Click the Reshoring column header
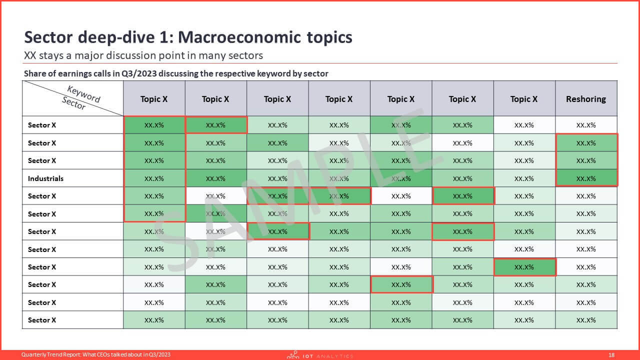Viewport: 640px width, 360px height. tap(585, 99)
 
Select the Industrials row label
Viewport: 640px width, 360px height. tap(45, 178)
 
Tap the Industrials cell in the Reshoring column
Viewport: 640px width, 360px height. tap(586, 178)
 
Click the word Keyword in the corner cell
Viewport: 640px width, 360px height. tap(83, 94)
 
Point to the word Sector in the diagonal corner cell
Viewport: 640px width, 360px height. tap(73, 103)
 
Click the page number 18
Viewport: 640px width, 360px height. tap(611, 355)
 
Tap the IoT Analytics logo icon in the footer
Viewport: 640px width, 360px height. tap(293, 355)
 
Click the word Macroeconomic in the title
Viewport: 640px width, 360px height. tap(239, 37)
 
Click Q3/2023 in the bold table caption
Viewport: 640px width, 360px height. tap(139, 73)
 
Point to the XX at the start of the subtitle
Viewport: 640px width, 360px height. tap(30, 55)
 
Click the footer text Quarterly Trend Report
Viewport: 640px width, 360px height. tap(51, 355)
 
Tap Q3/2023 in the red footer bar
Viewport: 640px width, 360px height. tap(161, 355)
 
